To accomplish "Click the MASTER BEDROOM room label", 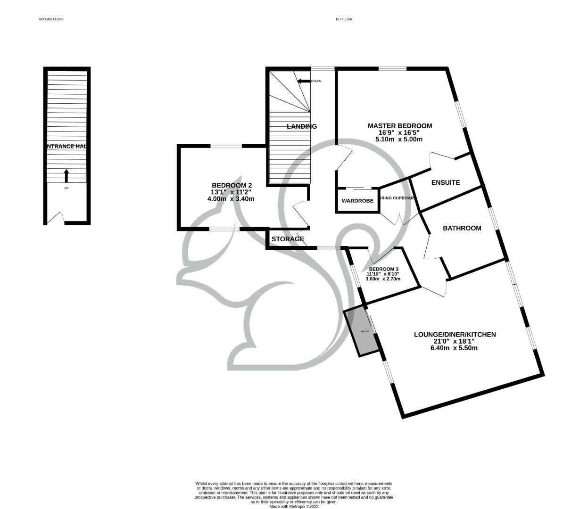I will pos(399,126).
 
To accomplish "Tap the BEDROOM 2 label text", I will pos(231,185).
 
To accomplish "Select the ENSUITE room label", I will pos(446,182).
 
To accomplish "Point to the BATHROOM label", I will pos(462,228).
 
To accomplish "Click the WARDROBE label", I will pos(357,201).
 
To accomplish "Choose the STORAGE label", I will pos(288,239).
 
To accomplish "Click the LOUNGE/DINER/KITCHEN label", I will pos(455,335).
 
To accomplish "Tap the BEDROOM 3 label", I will pos(383,269).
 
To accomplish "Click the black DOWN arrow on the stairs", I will pos(302,81).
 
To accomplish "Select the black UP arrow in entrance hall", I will pos(66,176).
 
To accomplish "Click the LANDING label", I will pos(302,126).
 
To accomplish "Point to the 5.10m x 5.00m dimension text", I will pos(399,139).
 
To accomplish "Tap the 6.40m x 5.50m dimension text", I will pos(454,348).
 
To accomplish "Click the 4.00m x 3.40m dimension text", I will pos(231,198).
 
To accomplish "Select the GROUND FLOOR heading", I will pos(51,19).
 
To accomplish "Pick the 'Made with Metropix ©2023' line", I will pos(294,507).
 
